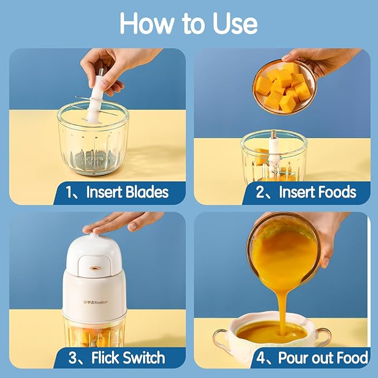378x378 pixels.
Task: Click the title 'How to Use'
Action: (189, 23)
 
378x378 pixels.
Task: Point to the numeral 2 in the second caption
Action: (260, 193)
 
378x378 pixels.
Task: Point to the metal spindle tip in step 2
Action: (274, 135)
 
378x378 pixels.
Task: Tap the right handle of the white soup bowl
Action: (323, 336)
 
